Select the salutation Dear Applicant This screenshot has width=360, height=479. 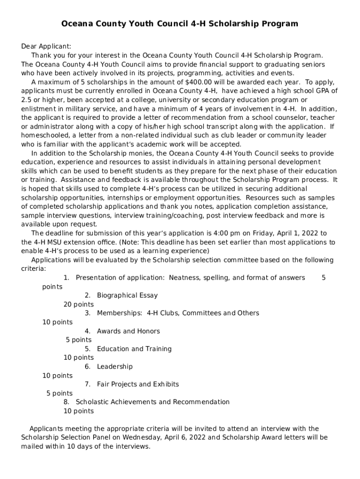click(x=46, y=46)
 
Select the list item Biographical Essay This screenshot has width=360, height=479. click(x=127, y=295)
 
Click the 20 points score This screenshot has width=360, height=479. click(x=79, y=304)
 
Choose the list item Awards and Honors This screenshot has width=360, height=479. click(x=128, y=331)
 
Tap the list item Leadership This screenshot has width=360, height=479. click(x=115, y=366)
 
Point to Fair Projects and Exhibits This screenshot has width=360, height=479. click(x=137, y=384)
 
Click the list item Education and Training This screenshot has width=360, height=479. click(x=134, y=348)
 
